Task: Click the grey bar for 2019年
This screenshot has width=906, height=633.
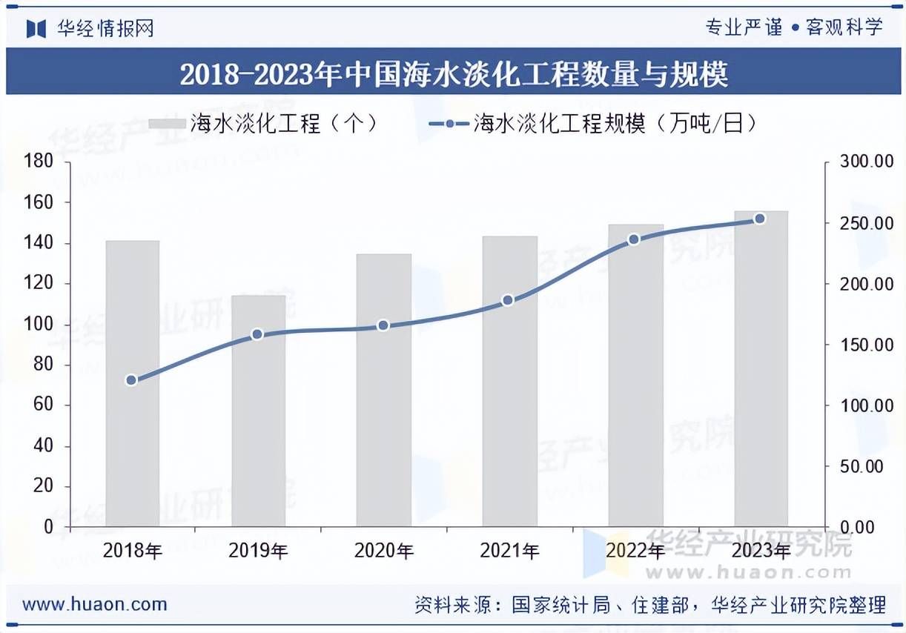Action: tap(258, 411)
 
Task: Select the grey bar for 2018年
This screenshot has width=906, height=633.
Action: tap(132, 384)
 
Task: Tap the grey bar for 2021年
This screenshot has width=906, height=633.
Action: tap(509, 382)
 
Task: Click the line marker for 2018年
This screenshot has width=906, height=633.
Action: tap(131, 380)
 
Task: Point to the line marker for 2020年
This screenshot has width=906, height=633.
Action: tap(383, 325)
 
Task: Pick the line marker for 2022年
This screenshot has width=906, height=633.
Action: tap(634, 239)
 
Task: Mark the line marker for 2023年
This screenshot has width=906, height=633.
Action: tap(759, 219)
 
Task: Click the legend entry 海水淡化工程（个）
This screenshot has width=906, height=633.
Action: tap(263, 123)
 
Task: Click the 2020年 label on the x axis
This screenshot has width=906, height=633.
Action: tap(383, 551)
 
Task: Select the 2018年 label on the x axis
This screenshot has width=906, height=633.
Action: tap(132, 551)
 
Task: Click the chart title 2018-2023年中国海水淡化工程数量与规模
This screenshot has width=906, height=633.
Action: tap(453, 73)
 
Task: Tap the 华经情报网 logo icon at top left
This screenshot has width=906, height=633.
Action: tap(36, 28)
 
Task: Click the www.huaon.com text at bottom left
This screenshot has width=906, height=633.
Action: tap(94, 604)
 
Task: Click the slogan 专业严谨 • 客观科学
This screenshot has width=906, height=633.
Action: tap(793, 27)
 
